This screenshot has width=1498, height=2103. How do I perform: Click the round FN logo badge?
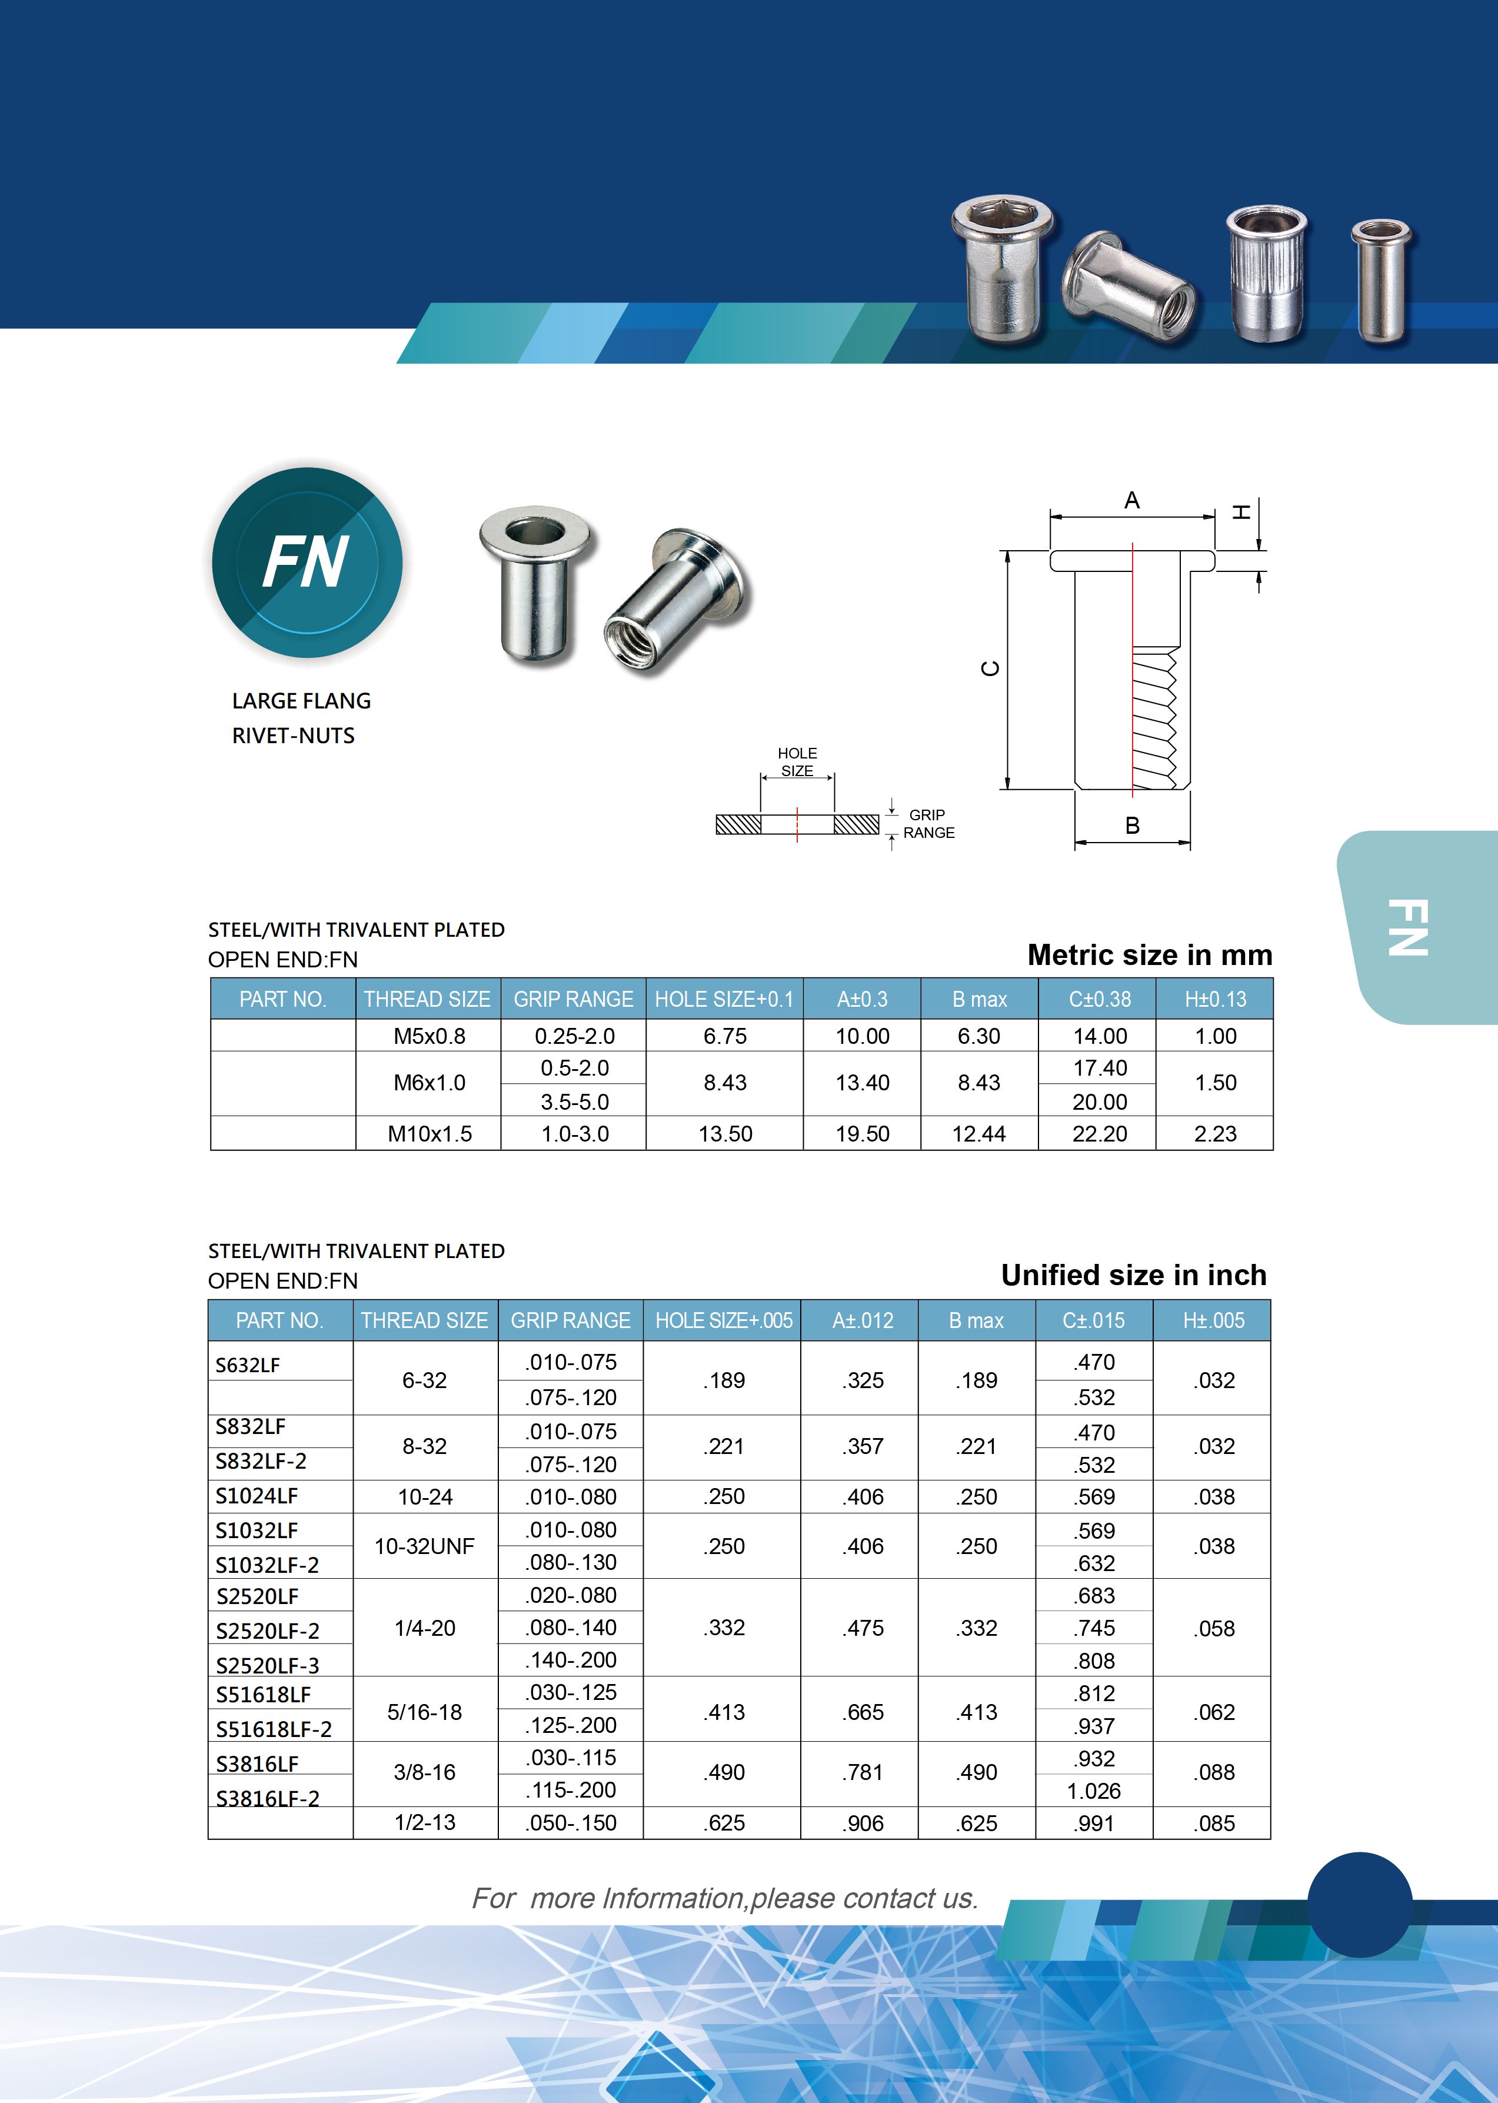click(x=307, y=563)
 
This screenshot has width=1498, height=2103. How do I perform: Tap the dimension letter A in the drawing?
click(x=1132, y=501)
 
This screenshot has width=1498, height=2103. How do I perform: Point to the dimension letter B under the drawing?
click(x=1132, y=826)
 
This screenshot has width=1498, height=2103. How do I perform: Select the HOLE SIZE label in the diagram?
click(x=797, y=762)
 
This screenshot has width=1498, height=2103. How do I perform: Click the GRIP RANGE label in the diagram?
click(x=928, y=824)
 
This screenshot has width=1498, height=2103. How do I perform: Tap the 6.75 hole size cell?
click(x=725, y=1036)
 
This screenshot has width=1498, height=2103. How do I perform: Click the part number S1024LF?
click(x=257, y=1496)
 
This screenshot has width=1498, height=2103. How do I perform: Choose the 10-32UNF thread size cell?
click(x=424, y=1546)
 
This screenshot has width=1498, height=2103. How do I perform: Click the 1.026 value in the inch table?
click(x=1094, y=1791)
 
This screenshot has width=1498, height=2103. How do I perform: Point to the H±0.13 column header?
click(x=1215, y=999)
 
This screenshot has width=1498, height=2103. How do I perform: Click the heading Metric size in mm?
click(x=1149, y=954)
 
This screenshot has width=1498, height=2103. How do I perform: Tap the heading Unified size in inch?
click(x=1134, y=1275)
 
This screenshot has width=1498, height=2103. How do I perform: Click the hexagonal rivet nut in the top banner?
click(x=1003, y=272)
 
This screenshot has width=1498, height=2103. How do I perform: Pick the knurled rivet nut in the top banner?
click(x=1266, y=274)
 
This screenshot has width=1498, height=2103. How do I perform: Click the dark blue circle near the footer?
click(x=1360, y=1905)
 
